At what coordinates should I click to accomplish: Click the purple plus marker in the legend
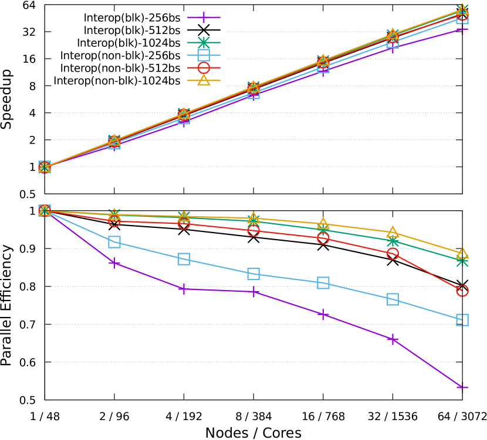pyautogui.click(x=204, y=17)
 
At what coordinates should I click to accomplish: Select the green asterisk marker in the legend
pyautogui.click(x=204, y=42)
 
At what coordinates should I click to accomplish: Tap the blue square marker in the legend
pyautogui.click(x=204, y=55)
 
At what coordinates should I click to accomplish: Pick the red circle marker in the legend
pyautogui.click(x=204, y=68)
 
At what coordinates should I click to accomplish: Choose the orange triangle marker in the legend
pyautogui.click(x=204, y=80)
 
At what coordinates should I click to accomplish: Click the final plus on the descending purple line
pyautogui.click(x=462, y=387)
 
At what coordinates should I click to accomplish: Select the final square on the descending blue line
pyautogui.click(x=462, y=320)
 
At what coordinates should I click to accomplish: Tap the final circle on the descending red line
pyautogui.click(x=462, y=291)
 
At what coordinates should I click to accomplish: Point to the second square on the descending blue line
pyautogui.click(x=114, y=242)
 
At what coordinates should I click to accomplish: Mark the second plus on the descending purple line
pyautogui.click(x=114, y=263)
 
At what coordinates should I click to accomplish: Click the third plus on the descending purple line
pyautogui.click(x=184, y=289)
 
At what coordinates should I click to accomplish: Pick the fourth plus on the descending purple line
pyautogui.click(x=253, y=291)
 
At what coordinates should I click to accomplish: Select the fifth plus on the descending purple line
pyautogui.click(x=323, y=315)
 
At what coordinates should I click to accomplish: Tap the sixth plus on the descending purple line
pyautogui.click(x=393, y=339)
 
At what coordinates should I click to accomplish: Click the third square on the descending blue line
pyautogui.click(x=184, y=259)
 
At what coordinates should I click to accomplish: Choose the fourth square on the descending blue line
pyautogui.click(x=253, y=274)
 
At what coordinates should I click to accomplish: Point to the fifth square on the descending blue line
pyautogui.click(x=323, y=283)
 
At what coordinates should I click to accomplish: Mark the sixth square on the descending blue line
pyautogui.click(x=393, y=299)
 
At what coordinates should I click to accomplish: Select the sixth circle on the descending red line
pyautogui.click(x=393, y=254)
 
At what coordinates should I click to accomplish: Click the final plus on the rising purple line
pyautogui.click(x=462, y=29)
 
